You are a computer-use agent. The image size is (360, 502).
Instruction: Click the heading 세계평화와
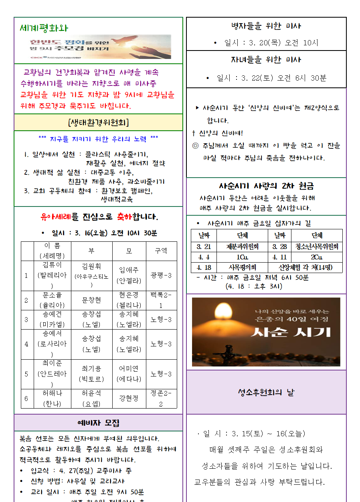tap(44, 28)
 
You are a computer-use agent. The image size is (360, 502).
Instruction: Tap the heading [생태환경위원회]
tap(98, 122)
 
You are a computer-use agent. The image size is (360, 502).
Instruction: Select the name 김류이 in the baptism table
tap(52, 265)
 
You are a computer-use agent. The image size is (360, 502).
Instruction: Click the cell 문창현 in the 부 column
tap(91, 300)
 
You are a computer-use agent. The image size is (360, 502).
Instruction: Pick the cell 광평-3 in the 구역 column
tap(161, 275)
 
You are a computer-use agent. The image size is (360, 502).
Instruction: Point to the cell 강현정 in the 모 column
tap(129, 398)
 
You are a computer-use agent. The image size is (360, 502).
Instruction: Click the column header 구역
tap(161, 251)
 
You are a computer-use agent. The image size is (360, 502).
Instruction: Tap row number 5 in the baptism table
tap(26, 374)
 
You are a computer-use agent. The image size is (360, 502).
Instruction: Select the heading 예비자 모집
tap(98, 423)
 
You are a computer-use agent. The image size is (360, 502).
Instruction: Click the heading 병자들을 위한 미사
tap(266, 26)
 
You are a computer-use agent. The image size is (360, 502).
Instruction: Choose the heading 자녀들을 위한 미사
tap(266, 60)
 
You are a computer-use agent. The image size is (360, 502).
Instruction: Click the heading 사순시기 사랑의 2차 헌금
tap(266, 186)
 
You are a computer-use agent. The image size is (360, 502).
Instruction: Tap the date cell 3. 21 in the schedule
tap(204, 247)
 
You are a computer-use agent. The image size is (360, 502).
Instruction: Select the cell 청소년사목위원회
tap(317, 247)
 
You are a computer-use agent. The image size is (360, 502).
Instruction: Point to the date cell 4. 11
tap(280, 257)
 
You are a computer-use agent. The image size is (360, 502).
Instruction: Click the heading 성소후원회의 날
tap(266, 392)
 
